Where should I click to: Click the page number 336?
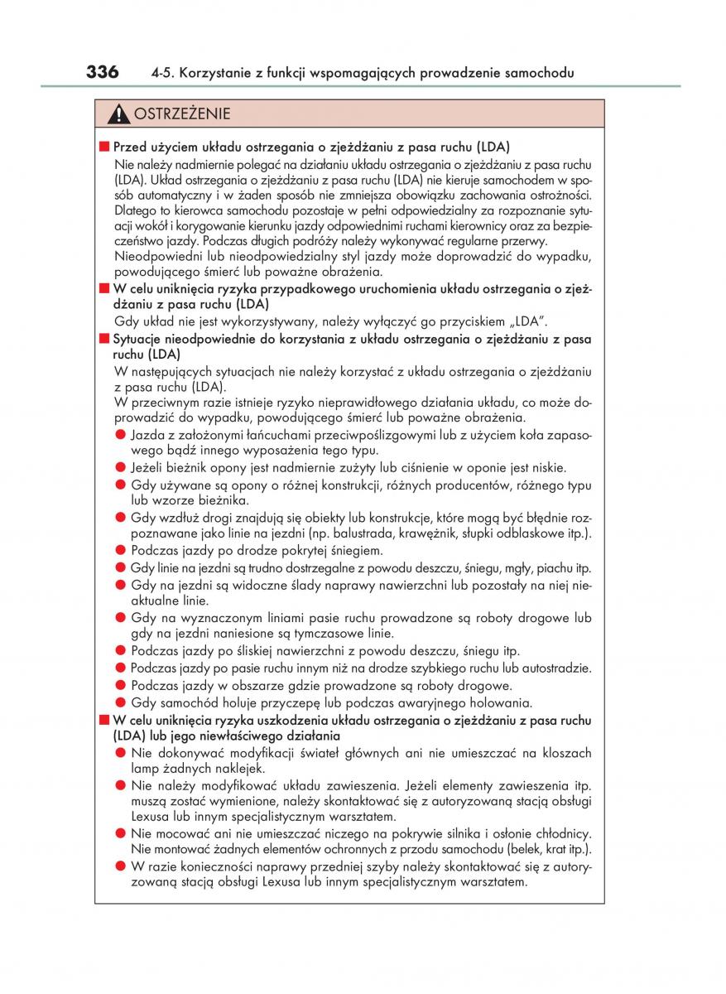click(103, 72)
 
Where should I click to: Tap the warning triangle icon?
click(120, 113)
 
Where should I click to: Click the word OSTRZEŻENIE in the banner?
click(182, 113)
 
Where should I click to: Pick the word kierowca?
click(173, 210)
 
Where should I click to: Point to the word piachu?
click(555, 569)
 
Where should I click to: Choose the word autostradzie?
click(555, 668)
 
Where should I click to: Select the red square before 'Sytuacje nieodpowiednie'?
click(104, 339)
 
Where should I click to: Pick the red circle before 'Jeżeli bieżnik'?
click(120, 467)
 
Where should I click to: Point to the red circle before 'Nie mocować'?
click(120, 833)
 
